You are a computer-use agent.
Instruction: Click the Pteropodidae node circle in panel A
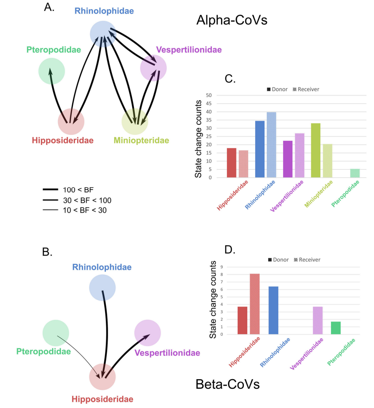(51, 71)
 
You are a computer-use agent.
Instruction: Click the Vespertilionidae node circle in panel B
(148, 333)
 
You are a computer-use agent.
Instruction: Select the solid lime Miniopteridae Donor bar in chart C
(316, 150)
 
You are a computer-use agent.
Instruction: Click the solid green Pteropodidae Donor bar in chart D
(336, 328)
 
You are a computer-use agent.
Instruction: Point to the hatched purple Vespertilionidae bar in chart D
(317, 320)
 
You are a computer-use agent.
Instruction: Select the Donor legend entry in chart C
(277, 89)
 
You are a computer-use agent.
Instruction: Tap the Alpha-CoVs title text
(232, 20)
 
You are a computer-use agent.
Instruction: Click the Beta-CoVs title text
(227, 384)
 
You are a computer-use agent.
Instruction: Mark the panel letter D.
(230, 250)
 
